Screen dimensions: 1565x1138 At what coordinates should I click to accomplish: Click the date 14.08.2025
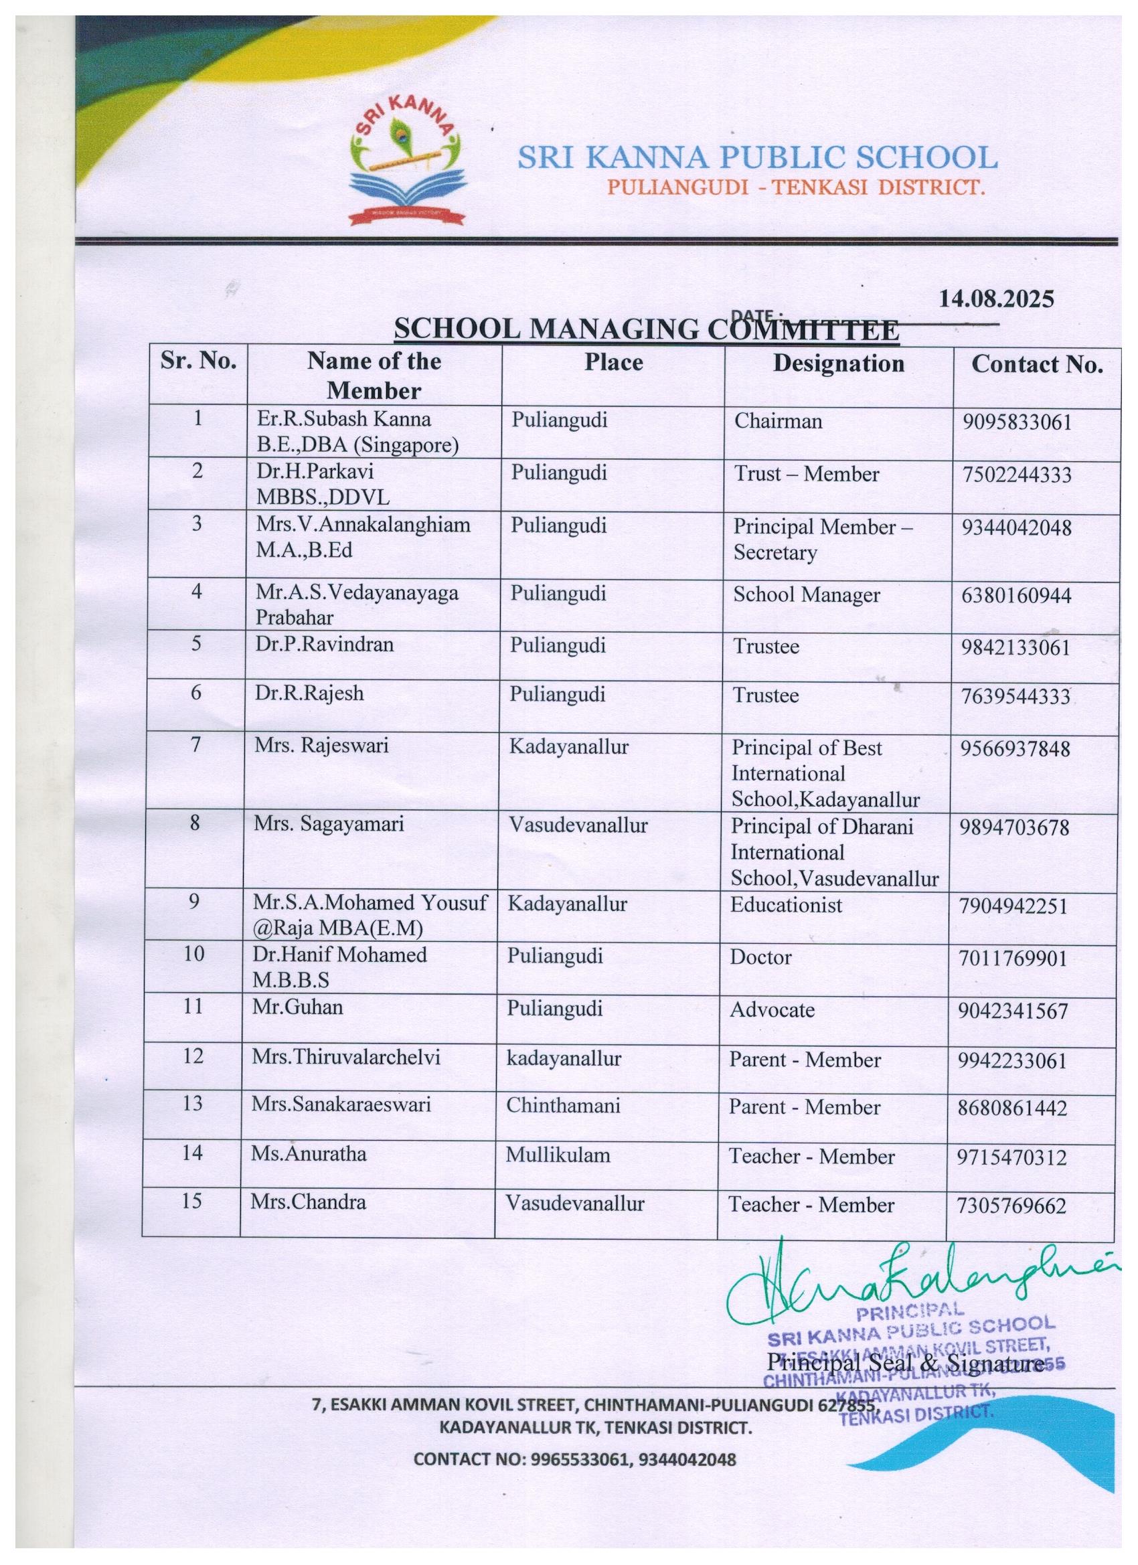coord(996,299)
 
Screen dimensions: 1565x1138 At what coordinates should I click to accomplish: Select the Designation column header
coord(838,363)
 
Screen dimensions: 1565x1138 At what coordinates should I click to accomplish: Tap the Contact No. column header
coord(1036,365)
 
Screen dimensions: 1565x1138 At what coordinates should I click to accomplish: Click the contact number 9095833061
coord(1018,422)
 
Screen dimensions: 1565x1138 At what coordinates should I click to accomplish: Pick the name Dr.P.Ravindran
coord(325,645)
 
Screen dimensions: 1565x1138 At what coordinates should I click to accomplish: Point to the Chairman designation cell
coord(778,421)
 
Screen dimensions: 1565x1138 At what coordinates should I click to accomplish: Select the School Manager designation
coord(806,595)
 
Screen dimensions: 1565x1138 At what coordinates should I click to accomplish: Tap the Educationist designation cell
coord(786,904)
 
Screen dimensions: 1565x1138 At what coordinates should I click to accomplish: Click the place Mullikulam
coord(558,1155)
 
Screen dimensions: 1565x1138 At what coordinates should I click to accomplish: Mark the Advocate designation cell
coord(773,1009)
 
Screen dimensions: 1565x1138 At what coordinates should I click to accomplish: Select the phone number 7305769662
coord(1011,1206)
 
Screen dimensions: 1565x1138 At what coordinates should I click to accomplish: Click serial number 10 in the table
coord(194,954)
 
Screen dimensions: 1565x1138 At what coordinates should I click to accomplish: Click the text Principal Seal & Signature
coord(905,1364)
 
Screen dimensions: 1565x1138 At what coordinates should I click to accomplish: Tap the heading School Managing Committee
coord(646,330)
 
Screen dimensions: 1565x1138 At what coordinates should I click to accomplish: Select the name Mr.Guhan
coord(297,1007)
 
